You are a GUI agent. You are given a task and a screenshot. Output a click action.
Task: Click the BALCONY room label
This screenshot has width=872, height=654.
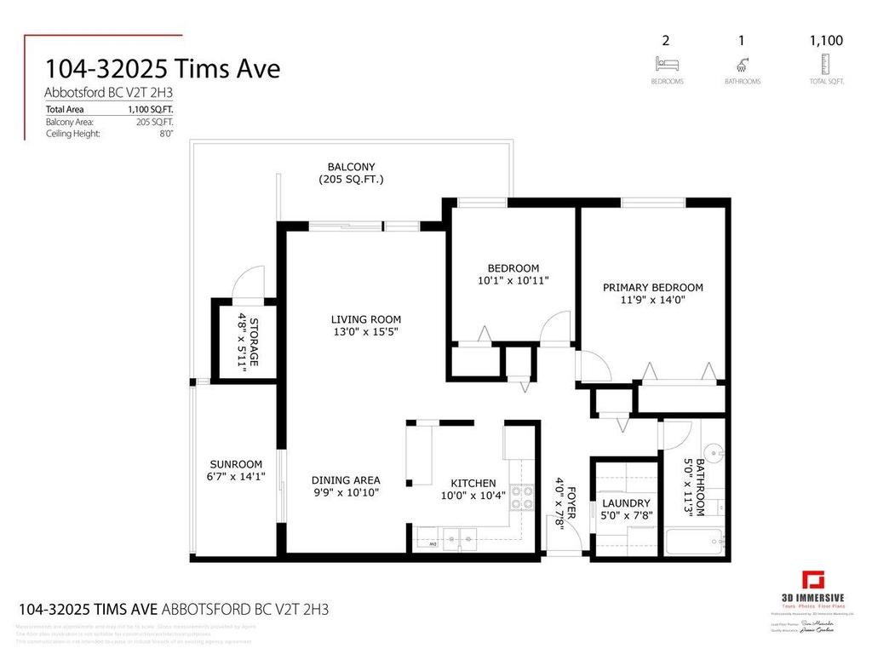[351, 167]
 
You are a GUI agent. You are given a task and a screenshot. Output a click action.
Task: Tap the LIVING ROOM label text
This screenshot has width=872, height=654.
[365, 319]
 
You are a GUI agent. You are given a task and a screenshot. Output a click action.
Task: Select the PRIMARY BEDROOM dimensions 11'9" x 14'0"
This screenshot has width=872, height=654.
[653, 300]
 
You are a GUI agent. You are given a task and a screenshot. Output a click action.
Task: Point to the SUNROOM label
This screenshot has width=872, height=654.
[236, 464]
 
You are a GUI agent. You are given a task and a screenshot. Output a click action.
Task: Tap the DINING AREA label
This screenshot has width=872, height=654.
[345, 479]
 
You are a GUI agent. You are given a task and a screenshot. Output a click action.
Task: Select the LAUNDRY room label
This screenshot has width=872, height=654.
[625, 503]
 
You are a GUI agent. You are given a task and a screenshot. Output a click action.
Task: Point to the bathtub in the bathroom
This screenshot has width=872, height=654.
[695, 541]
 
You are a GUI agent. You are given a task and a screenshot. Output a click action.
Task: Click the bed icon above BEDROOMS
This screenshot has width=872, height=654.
[666, 64]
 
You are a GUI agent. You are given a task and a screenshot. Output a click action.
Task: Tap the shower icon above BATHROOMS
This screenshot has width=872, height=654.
[742, 64]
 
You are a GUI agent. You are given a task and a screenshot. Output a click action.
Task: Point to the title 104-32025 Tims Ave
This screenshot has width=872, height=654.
[163, 69]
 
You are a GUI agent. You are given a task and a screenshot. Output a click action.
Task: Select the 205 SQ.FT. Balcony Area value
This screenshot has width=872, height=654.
[159, 122]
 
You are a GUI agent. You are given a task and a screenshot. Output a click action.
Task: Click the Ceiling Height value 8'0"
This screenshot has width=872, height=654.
[166, 134]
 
